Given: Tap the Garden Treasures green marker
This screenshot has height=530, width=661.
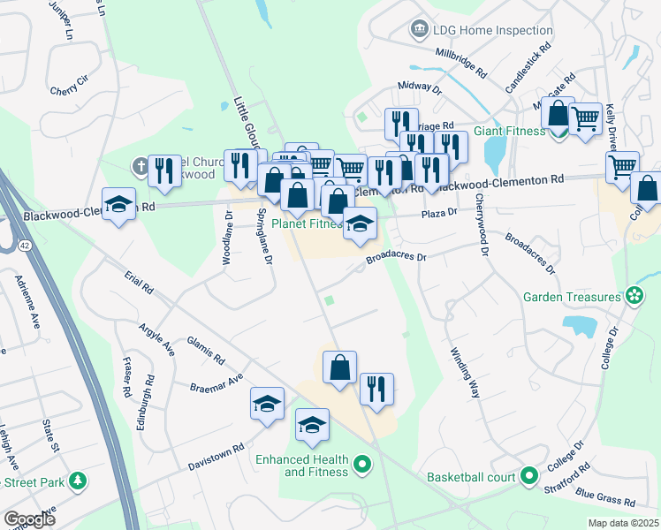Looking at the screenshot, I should coord(634,297).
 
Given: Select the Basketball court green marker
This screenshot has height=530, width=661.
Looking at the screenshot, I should coord(529,477).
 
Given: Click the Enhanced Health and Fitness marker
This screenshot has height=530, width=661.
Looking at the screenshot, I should coord(361,464).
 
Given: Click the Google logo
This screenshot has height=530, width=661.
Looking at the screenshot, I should coord(29,519).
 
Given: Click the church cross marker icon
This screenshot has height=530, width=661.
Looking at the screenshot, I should coord(141,165).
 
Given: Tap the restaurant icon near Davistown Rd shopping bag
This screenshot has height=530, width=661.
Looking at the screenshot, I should coord(376,389).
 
